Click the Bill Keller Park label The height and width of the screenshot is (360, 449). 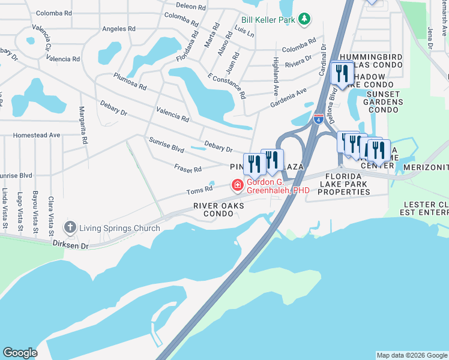[269, 20]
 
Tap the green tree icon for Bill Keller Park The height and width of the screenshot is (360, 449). [304, 19]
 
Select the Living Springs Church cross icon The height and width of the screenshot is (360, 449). [70, 227]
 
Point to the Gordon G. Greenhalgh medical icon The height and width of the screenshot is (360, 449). [238, 185]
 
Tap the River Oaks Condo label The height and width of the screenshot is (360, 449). [218, 209]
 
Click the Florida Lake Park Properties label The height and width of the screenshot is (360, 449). [343, 182]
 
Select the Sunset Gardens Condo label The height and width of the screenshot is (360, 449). [384, 102]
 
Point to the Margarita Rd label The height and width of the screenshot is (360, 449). [84, 125]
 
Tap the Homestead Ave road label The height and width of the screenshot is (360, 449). [37, 136]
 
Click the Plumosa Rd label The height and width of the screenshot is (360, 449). [130, 82]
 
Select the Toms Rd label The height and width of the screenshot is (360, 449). [200, 190]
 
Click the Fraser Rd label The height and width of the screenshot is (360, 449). [188, 169]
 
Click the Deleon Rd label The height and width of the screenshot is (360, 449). [191, 6]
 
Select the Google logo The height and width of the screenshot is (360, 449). [20, 353]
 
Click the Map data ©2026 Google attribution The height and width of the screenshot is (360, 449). [412, 355]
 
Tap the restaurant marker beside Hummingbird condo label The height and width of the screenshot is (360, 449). [342, 74]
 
